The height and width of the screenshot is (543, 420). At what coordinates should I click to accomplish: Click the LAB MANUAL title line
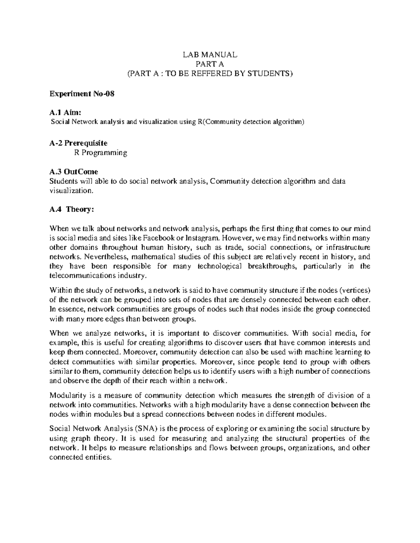point(210,55)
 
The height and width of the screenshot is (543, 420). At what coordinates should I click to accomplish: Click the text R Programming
point(101,153)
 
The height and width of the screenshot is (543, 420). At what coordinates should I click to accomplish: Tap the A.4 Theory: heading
point(72,209)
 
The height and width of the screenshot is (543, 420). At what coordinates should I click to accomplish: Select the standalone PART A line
point(210,64)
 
